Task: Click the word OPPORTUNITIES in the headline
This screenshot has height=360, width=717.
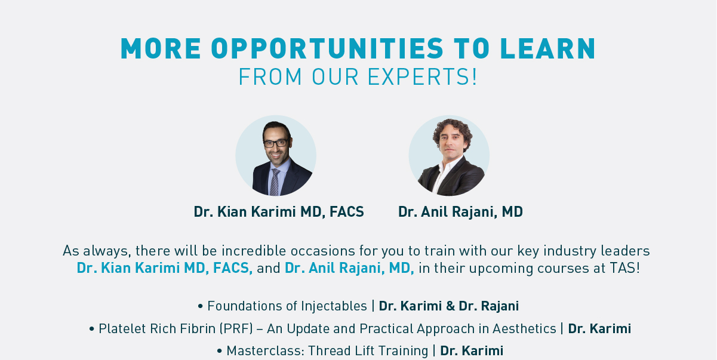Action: tap(327, 48)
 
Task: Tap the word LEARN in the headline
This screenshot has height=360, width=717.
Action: tap(547, 48)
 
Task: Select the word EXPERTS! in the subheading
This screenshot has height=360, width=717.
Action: tap(422, 77)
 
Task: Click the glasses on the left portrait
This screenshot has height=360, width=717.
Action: tap(276, 143)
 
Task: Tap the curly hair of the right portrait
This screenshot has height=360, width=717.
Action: tap(452, 131)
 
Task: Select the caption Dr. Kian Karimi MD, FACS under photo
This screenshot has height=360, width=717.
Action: tap(279, 212)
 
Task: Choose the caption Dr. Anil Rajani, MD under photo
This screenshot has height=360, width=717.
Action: tap(460, 212)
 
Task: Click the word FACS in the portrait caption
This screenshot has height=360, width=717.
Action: tap(347, 212)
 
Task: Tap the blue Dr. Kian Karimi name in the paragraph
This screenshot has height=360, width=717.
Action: tap(165, 268)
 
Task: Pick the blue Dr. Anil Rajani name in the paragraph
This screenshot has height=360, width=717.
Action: tap(349, 268)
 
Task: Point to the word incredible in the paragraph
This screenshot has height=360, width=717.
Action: tap(254, 251)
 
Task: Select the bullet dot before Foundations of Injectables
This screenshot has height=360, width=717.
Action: tap(201, 306)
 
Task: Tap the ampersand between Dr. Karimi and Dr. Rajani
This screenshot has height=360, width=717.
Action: tap(450, 306)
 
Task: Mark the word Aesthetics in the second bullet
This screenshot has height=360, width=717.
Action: tap(524, 328)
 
